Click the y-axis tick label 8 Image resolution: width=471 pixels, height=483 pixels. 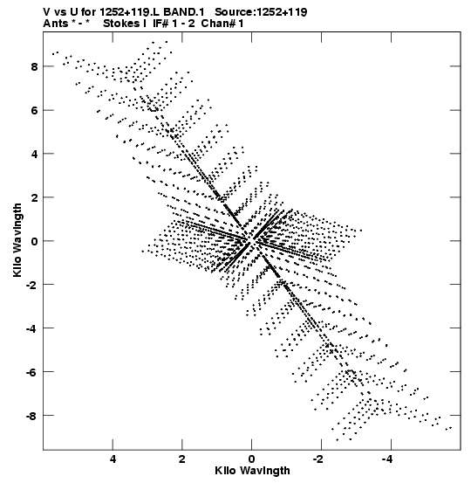34,67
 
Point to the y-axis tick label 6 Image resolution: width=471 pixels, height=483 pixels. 34,111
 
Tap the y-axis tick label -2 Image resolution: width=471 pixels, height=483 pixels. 31,285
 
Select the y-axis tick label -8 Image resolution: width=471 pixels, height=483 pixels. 31,416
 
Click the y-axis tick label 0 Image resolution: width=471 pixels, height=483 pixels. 34,241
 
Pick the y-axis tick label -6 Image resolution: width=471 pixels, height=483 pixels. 31,372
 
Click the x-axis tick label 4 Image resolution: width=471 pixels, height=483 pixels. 113,459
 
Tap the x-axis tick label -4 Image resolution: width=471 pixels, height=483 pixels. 387,459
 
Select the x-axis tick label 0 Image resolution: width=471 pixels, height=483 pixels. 252,459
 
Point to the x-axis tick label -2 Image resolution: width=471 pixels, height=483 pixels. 318,459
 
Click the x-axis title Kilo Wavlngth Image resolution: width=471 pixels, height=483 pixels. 252,471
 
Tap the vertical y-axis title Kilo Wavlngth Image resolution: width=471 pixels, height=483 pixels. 17,240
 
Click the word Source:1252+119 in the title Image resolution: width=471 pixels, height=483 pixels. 261,12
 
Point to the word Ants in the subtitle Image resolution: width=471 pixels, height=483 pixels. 56,24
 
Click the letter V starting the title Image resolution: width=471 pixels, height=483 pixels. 47,12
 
